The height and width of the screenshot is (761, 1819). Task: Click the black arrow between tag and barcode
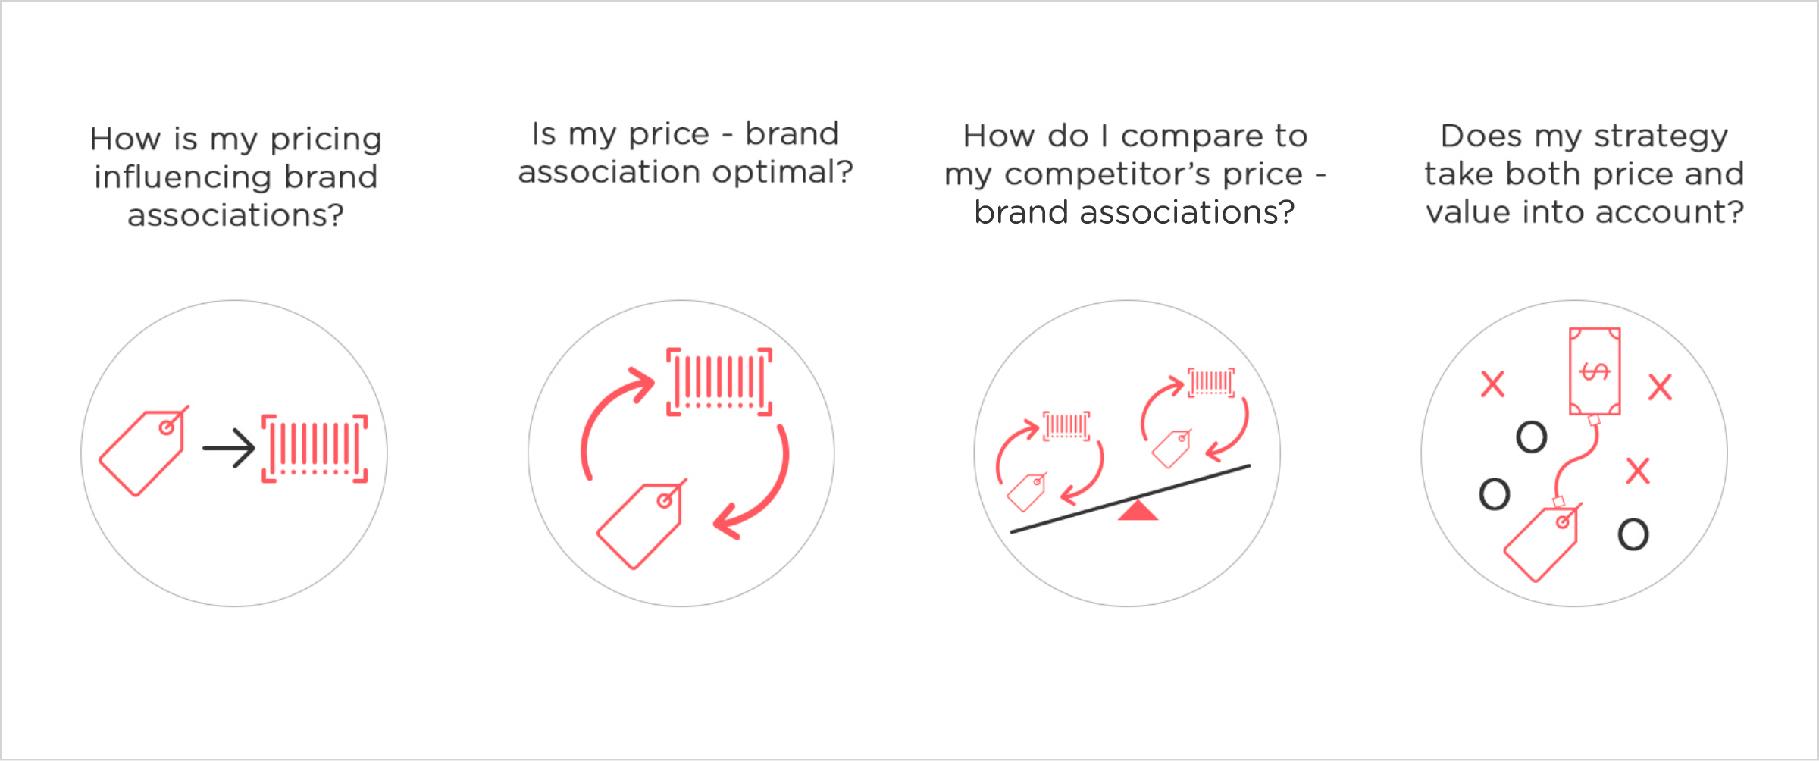229,449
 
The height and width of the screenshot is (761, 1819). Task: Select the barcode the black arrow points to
315,449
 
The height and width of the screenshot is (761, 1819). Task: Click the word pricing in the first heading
326,140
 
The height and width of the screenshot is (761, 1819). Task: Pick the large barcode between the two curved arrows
719,382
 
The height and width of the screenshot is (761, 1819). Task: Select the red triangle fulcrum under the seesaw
1138,512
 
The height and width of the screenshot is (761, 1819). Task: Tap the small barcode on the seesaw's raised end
1211,383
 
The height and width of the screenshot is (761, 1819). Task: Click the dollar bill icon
1595,371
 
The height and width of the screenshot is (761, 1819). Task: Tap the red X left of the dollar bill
1492,384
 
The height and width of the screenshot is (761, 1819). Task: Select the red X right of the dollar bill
1660,387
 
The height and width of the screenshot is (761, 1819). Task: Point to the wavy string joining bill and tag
1576,459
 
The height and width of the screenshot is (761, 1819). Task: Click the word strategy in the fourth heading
1661,137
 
